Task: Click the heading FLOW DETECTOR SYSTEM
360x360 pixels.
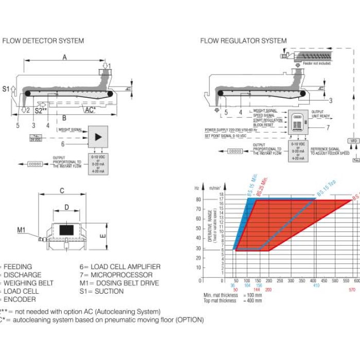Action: (x=43, y=40)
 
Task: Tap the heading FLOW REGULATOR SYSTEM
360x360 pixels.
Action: (x=243, y=40)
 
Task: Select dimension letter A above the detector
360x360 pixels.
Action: (x=65, y=58)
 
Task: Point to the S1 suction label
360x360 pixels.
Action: (x=6, y=89)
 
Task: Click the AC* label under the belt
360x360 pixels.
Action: (x=89, y=110)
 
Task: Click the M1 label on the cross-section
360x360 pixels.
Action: (x=22, y=230)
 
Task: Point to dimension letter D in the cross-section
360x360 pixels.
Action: (x=66, y=208)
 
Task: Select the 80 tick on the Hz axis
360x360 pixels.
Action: (x=197, y=209)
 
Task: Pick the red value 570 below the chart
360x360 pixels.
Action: (x=351, y=290)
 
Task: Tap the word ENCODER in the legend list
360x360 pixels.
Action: (x=20, y=299)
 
